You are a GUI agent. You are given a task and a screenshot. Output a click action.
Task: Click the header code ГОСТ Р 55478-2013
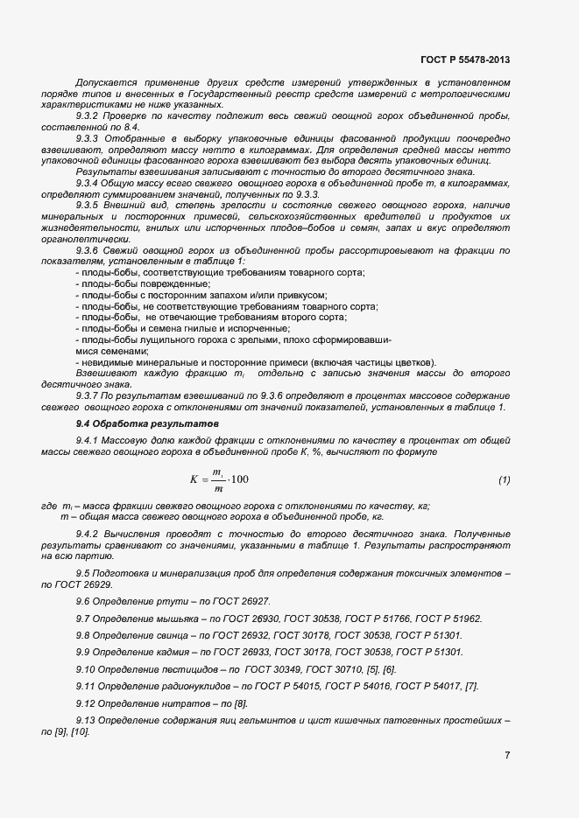coord(465,59)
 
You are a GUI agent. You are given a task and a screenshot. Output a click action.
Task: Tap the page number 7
coord(507,755)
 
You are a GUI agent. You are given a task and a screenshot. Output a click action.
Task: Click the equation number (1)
coord(504,479)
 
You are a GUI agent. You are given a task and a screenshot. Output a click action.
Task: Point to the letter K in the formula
coord(194,479)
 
